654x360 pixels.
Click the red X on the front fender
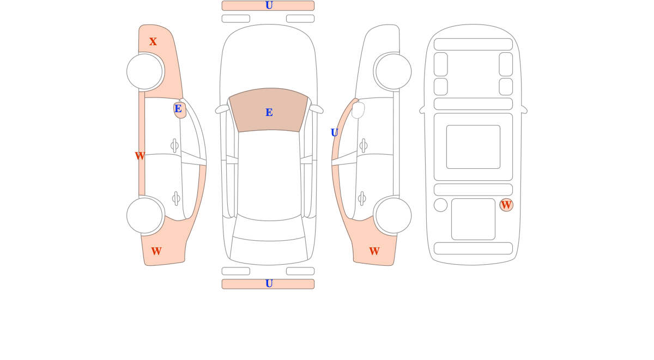(x=153, y=41)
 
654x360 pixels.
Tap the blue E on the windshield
(x=269, y=112)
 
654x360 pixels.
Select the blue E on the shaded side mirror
(x=178, y=108)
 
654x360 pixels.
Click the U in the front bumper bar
(x=269, y=5)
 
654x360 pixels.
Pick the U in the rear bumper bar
(x=269, y=284)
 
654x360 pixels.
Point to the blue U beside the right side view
(x=334, y=133)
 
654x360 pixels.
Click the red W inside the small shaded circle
(x=506, y=205)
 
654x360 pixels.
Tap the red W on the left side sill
(x=140, y=156)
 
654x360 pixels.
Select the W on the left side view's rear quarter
(x=156, y=251)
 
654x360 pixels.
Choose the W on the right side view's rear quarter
(x=374, y=251)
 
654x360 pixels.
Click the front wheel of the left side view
(x=144, y=71)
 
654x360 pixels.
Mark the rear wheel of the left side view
(x=144, y=216)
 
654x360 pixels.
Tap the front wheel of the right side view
(x=393, y=71)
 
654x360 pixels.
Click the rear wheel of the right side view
(x=393, y=216)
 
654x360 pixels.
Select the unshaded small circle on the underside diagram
(x=440, y=205)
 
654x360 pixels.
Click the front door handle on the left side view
(x=174, y=145)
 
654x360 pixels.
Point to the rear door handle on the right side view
(x=362, y=199)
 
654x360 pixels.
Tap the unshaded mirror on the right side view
(x=358, y=110)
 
